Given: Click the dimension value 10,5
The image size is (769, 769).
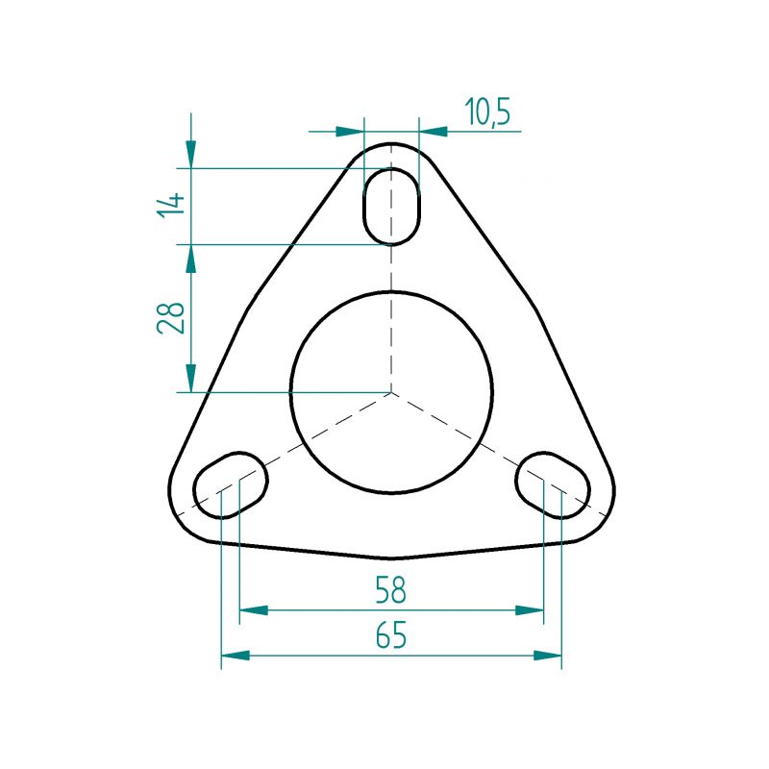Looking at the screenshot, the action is click(x=487, y=112).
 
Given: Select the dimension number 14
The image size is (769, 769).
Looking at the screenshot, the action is click(x=171, y=205).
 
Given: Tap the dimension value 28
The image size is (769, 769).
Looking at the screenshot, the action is click(x=171, y=317).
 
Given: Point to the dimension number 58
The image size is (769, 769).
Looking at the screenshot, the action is click(x=391, y=590).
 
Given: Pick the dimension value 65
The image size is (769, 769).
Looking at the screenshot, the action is click(x=391, y=634).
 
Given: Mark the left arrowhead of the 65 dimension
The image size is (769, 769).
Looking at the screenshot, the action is click(x=236, y=656).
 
